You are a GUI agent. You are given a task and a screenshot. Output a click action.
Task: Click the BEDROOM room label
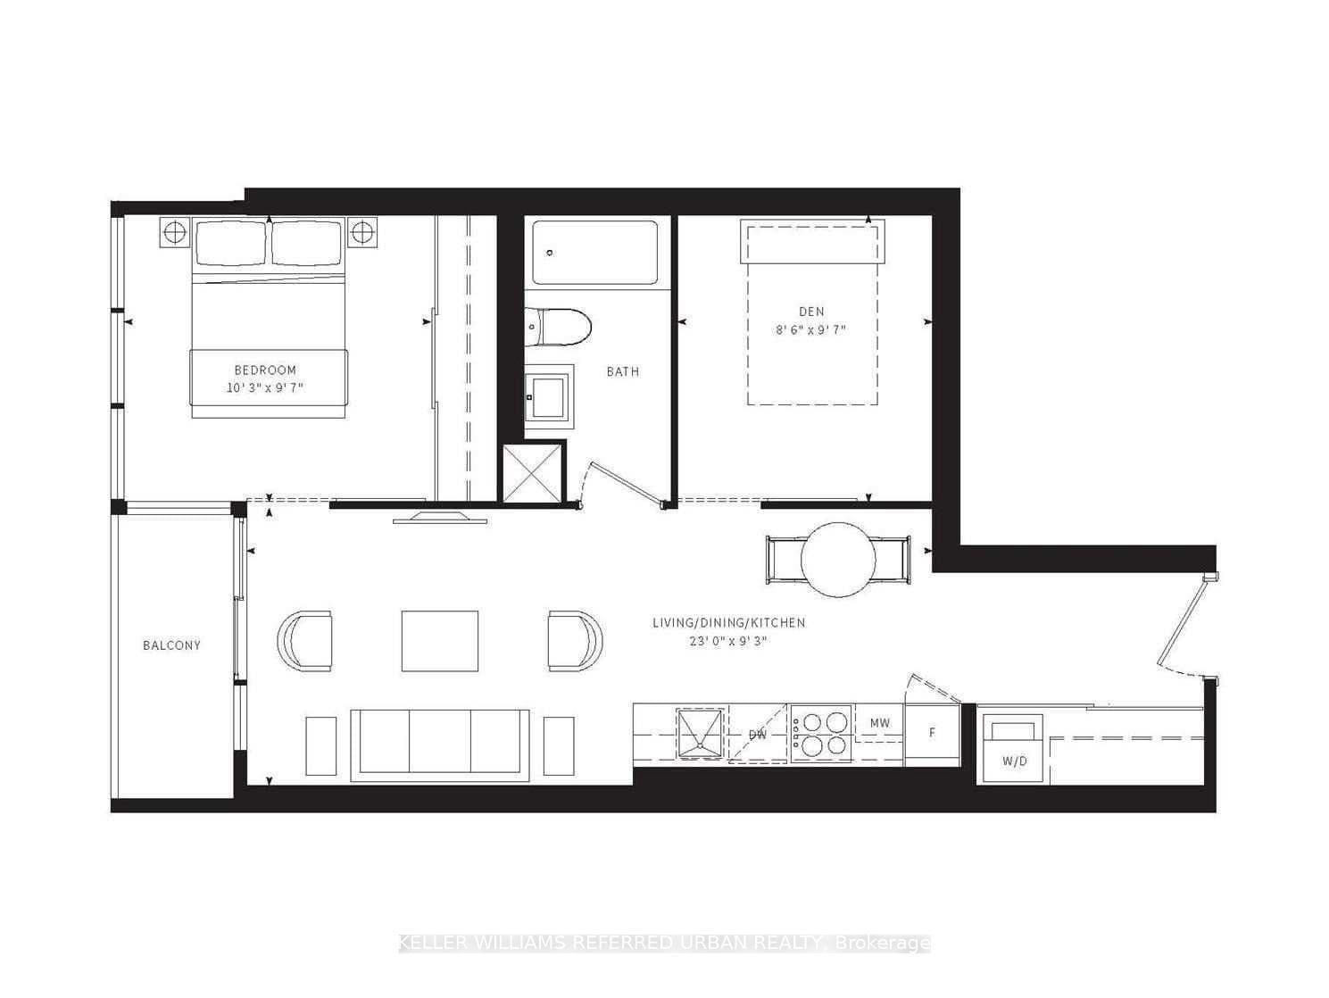click(x=265, y=370)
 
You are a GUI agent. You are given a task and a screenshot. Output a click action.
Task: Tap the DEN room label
click(x=811, y=312)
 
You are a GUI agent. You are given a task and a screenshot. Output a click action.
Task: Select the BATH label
click(x=623, y=371)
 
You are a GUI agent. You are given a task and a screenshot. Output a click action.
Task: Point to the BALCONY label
click(x=171, y=645)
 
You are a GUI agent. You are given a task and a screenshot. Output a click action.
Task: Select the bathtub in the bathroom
click(x=594, y=253)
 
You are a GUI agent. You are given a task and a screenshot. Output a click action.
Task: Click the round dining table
click(x=838, y=560)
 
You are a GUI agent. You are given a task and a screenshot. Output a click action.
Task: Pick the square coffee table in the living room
click(x=439, y=641)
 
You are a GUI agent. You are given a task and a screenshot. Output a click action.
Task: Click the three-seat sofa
click(x=439, y=745)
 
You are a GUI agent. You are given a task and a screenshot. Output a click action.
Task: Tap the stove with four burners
click(x=820, y=734)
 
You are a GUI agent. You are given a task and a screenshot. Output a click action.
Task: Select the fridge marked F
click(x=933, y=736)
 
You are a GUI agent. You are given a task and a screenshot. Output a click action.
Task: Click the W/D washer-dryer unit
click(x=1013, y=748)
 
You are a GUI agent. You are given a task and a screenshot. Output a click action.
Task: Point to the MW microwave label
click(x=880, y=722)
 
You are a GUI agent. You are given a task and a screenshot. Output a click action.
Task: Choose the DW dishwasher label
click(x=758, y=736)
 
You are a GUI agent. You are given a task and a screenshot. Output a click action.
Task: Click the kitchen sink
click(x=701, y=734)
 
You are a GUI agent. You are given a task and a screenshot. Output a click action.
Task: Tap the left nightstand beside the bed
click(x=174, y=232)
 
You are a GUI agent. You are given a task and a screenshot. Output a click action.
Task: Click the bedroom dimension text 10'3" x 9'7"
click(x=265, y=387)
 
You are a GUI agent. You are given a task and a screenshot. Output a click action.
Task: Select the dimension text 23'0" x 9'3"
click(x=728, y=641)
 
